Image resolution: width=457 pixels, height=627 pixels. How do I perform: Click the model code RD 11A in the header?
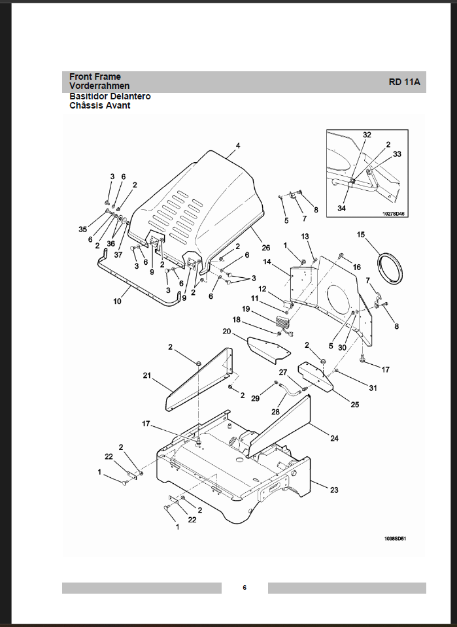[x=404, y=82]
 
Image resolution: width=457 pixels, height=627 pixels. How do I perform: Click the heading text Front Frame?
[x=95, y=76]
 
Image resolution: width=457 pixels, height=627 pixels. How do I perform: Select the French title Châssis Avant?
[x=100, y=105]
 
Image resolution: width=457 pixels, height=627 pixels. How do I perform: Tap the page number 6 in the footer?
[x=245, y=587]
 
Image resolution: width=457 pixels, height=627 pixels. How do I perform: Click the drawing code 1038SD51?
[x=395, y=538]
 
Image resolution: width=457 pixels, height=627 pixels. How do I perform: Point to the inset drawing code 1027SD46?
[x=394, y=214]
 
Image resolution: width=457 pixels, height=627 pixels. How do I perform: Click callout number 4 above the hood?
[x=238, y=146]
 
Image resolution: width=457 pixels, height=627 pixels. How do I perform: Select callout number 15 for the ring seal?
[x=361, y=234]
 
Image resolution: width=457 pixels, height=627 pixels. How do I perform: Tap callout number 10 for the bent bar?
[x=117, y=301]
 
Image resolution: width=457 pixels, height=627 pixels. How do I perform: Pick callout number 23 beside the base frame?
[x=334, y=490]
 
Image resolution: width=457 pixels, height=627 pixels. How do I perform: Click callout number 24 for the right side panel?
[x=334, y=438]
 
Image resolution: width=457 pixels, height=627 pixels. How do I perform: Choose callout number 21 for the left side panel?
[x=146, y=375]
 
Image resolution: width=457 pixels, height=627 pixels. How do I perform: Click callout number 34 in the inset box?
[x=341, y=208]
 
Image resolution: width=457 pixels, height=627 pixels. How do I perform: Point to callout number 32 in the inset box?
[x=367, y=135]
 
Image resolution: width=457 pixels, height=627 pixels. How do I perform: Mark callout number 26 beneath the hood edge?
[x=266, y=248]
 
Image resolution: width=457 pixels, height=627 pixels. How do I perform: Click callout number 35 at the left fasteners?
[x=83, y=229]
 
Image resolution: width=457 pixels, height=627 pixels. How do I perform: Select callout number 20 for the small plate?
[x=227, y=331]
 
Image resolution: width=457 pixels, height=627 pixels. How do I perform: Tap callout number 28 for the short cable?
[x=275, y=411]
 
